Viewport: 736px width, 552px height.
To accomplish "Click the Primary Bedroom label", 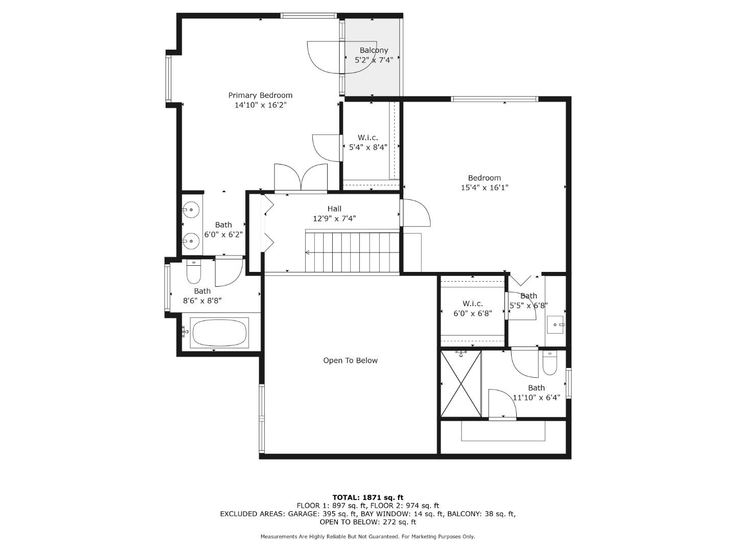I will tap(260, 95).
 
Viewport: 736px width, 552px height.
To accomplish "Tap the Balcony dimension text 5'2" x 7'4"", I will tap(374, 60).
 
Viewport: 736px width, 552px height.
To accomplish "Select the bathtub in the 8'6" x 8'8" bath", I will tap(219, 333).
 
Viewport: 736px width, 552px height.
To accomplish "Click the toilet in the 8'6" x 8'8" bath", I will tap(193, 273).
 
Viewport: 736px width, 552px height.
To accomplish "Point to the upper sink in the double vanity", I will tap(191, 209).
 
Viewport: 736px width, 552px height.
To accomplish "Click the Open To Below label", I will tap(350, 360).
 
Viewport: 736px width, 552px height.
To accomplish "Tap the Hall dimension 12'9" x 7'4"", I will tap(334, 218).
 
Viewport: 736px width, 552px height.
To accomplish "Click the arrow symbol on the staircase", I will tap(308, 252).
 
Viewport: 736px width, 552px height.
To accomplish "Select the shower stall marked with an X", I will tap(461, 383).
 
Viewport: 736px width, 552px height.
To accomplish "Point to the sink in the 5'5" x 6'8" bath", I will tap(556, 324).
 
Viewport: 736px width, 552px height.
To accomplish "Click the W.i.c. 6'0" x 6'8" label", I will tap(473, 309).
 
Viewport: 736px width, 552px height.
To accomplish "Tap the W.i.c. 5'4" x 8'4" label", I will tap(368, 142).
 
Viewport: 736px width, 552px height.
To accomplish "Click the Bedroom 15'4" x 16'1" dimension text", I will tap(485, 188).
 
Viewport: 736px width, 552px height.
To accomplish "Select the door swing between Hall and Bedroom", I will tap(415, 213).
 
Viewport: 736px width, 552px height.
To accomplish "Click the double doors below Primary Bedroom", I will tap(301, 178).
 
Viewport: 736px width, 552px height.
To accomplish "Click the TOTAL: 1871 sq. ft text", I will tap(367, 497).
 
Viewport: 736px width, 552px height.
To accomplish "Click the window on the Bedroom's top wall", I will tap(494, 99).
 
